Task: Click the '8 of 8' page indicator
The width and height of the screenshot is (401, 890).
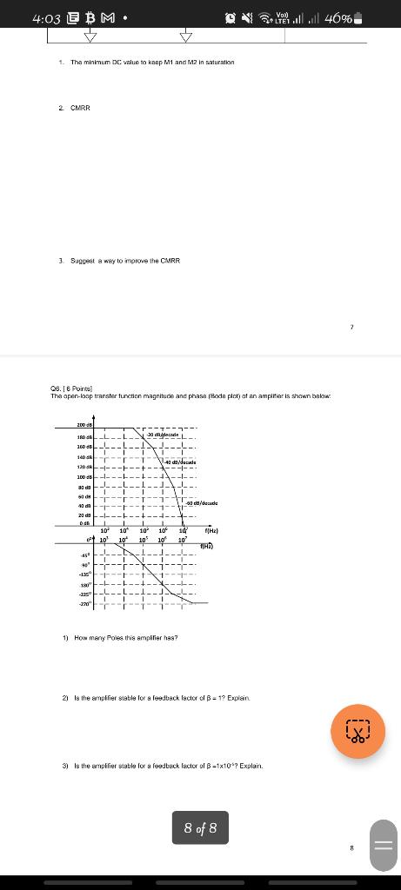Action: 200,828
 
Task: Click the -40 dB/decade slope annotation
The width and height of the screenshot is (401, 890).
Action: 178,462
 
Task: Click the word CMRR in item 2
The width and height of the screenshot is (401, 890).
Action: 80,108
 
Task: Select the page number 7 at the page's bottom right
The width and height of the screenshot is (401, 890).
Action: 351,328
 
